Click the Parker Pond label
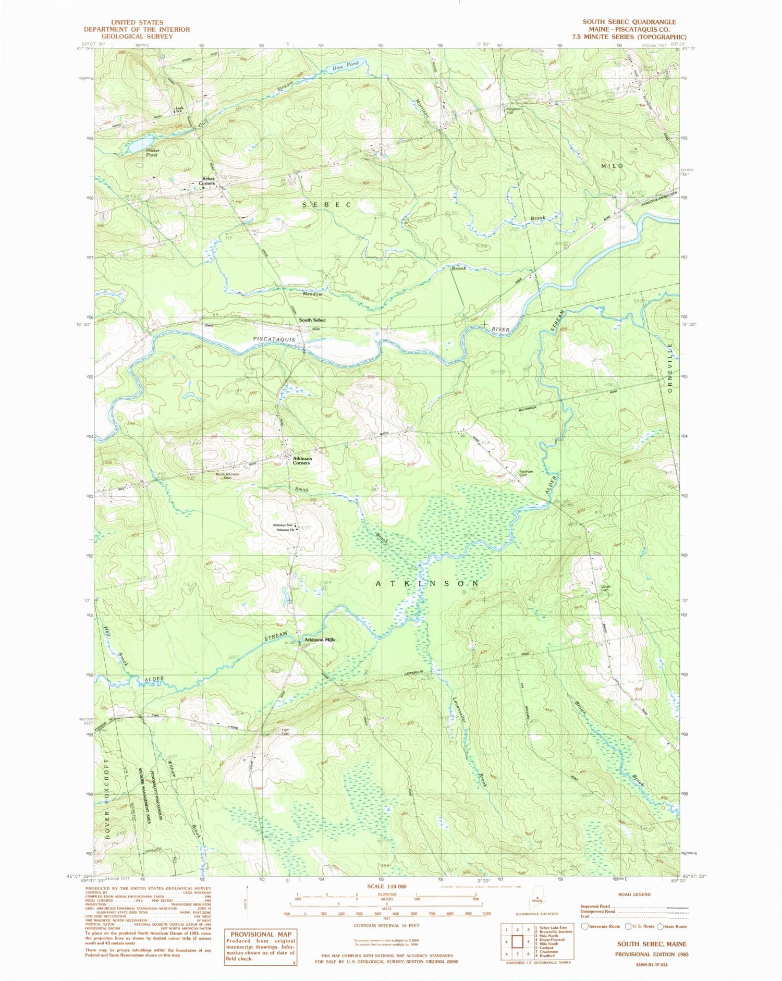pos(152,153)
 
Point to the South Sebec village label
pos(312,320)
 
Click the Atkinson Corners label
pos(302,460)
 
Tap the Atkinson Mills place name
pos(320,640)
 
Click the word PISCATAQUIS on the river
pos(274,339)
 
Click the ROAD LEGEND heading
pos(634,894)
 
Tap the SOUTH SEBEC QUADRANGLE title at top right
pos(629,22)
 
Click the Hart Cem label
pos(285,731)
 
